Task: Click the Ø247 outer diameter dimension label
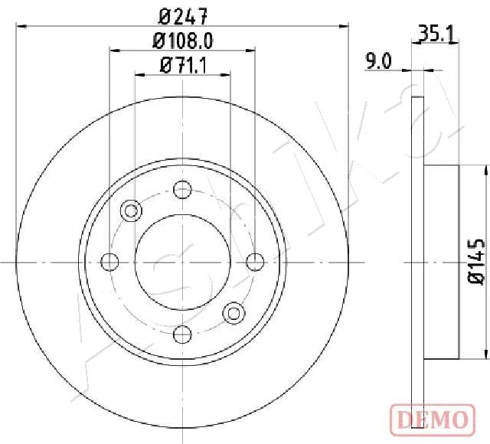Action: coord(183,17)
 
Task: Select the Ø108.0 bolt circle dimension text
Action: coord(183,41)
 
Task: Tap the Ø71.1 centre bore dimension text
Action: coord(183,66)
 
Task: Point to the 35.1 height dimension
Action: coord(436,34)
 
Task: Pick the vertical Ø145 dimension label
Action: coord(476,262)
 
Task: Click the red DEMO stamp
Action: coord(433,420)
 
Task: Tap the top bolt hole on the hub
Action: coord(182,189)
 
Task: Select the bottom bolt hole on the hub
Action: coord(182,334)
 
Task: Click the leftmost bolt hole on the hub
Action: coord(110,262)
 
